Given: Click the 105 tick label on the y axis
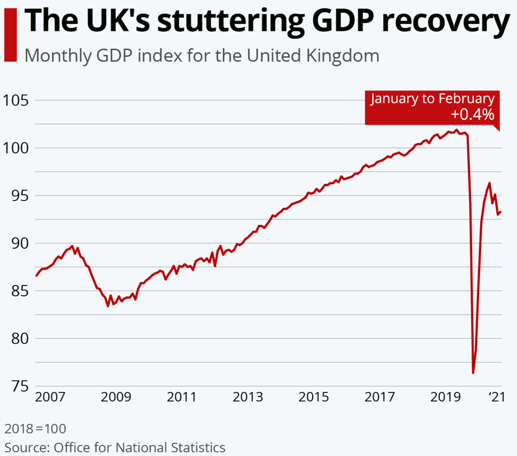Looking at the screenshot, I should tap(16, 100).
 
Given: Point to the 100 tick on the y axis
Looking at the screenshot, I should tap(16, 148).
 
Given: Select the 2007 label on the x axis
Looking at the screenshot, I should tap(50, 397).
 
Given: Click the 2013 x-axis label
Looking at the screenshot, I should tap(248, 397).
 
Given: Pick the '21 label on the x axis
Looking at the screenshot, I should tap(497, 397).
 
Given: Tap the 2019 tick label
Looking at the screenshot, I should tap(446, 397).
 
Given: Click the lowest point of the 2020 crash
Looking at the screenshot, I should tap(473, 373).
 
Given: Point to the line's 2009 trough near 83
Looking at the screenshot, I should tap(108, 306).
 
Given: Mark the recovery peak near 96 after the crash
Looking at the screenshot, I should tap(490, 183).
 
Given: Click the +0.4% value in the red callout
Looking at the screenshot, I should tap(472, 115).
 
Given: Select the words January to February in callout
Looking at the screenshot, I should tap(433, 99).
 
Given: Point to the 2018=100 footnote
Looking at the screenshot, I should tap(35, 429).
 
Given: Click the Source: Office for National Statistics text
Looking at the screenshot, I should tap(115, 447).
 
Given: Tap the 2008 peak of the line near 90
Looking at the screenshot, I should tap(72, 246).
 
